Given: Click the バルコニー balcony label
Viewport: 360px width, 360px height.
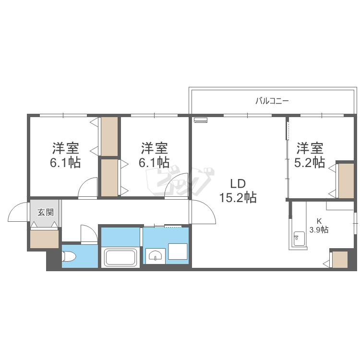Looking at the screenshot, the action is [272, 101].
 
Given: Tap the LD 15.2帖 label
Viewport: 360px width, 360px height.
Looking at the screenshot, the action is [238, 191].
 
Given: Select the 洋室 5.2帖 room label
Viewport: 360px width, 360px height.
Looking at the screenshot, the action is [310, 155].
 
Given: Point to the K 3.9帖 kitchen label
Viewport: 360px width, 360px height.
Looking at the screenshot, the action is [319, 226].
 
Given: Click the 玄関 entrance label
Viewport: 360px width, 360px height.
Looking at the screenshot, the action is [46, 212].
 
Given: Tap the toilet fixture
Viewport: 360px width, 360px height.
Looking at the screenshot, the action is [69, 256].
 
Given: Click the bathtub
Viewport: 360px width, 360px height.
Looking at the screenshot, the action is [120, 258].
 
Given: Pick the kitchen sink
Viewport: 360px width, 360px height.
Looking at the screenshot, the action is [299, 239].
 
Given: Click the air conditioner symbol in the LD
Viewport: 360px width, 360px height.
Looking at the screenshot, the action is [201, 120].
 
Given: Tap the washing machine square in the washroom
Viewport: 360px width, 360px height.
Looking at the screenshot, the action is [178, 252].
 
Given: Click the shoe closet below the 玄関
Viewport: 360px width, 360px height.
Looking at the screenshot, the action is [44, 239].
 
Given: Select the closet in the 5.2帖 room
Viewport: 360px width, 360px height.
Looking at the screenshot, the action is [346, 180].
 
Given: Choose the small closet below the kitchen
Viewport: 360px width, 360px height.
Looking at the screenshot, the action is [340, 259].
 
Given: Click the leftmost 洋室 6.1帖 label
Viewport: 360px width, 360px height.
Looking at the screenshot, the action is [65, 155].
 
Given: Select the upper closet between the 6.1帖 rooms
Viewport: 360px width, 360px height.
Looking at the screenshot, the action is [109, 136].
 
